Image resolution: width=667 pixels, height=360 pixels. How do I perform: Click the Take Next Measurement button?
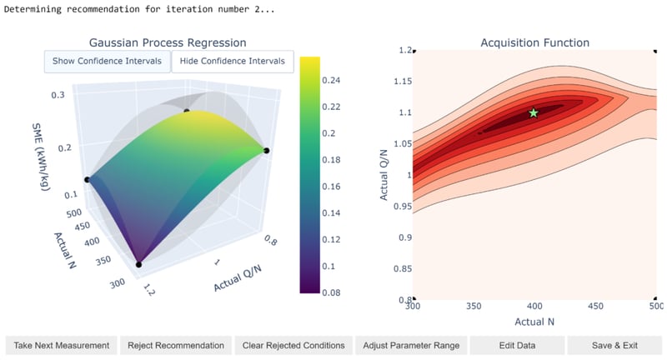click(x=61, y=345)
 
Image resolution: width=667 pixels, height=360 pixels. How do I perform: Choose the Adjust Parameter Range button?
click(x=410, y=345)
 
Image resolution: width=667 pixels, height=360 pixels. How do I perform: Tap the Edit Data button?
click(x=517, y=345)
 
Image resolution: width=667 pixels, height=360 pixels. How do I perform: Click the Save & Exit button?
click(x=613, y=345)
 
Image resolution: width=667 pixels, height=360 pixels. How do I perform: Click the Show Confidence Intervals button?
click(x=108, y=61)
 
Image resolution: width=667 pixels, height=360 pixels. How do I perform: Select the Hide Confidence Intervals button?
click(x=233, y=61)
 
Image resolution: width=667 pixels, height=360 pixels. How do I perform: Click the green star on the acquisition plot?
click(x=534, y=112)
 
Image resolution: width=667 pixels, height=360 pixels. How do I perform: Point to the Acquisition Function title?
click(x=534, y=42)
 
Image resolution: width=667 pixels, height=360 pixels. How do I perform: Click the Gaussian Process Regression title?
click(x=168, y=42)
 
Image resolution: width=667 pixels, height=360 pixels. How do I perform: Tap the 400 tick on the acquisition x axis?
click(x=534, y=307)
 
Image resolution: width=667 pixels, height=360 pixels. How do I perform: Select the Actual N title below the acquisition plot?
click(x=534, y=322)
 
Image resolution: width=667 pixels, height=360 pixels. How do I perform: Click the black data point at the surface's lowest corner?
click(x=138, y=264)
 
